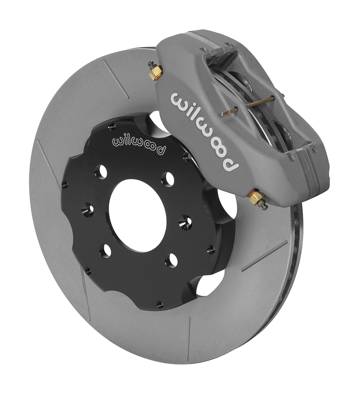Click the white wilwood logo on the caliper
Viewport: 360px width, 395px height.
click(204, 131)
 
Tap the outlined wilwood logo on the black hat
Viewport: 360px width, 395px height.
click(139, 145)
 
